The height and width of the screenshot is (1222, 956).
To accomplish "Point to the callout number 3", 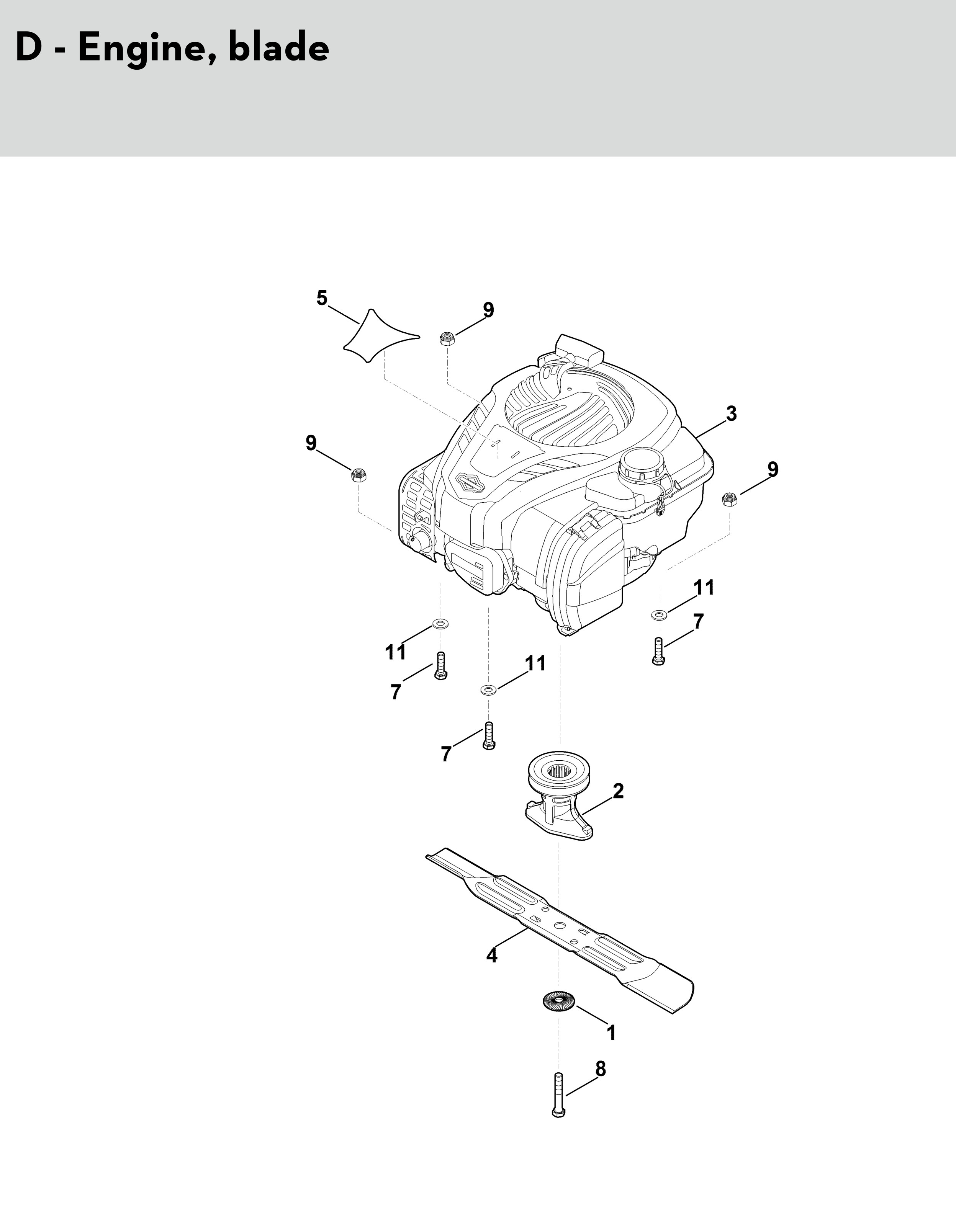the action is pos(731,415).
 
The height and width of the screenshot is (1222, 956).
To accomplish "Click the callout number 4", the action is pos(491,955).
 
